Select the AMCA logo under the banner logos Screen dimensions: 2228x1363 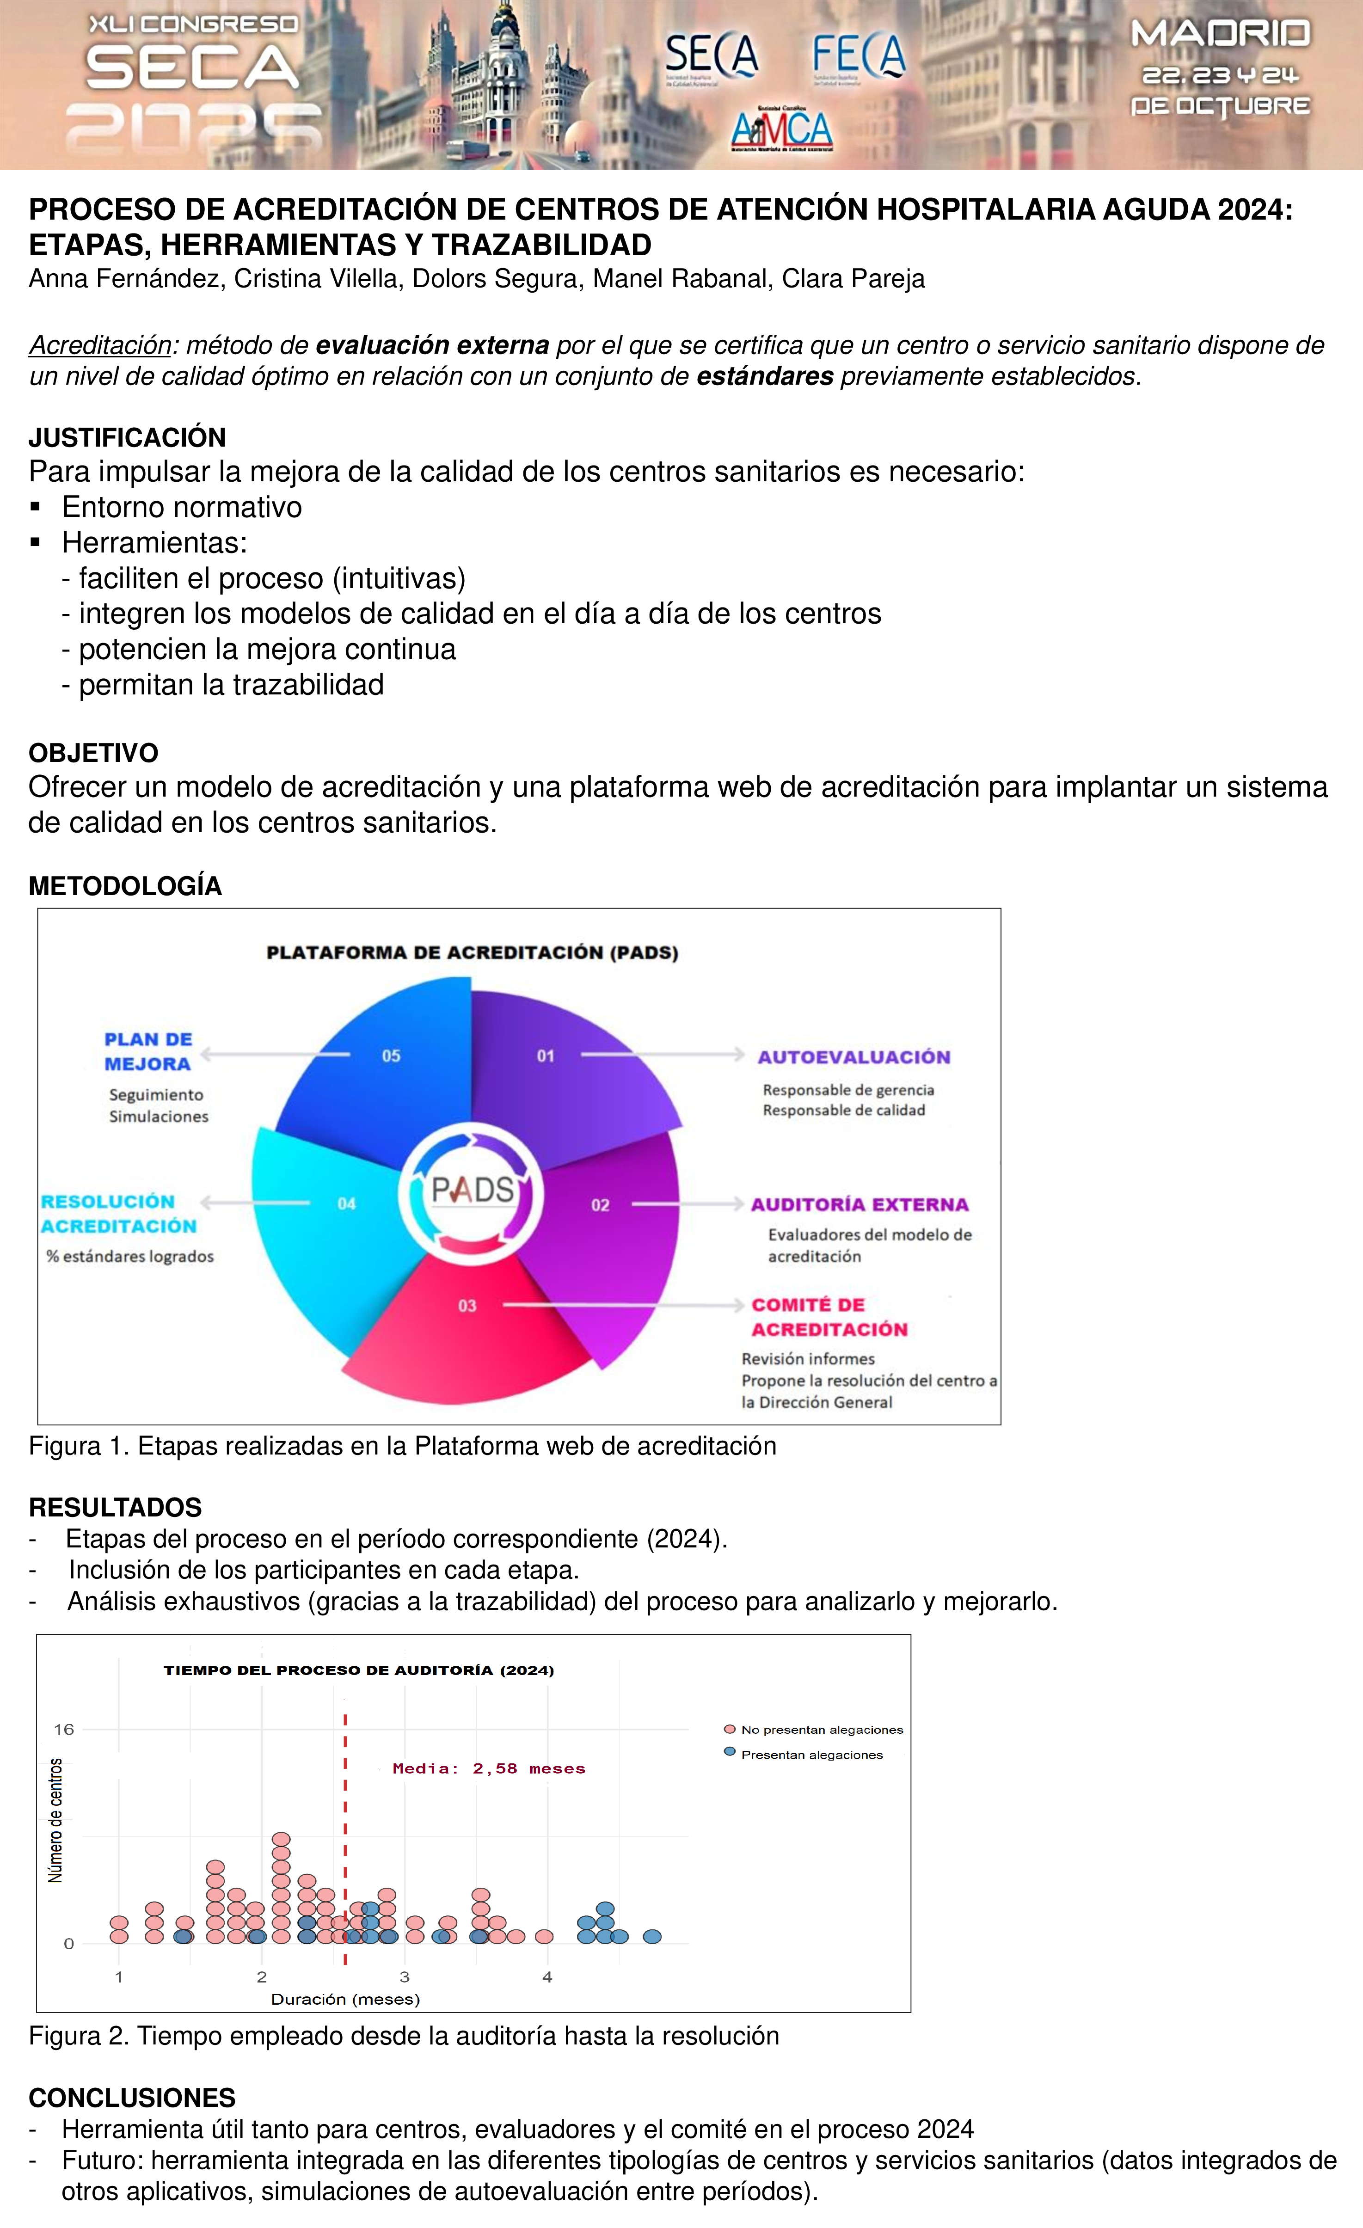point(781,129)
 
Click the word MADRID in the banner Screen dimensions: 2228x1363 point(1220,34)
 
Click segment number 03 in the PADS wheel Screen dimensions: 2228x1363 point(467,1305)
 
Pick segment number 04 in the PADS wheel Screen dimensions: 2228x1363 point(346,1203)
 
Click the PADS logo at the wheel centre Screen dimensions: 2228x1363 point(472,1190)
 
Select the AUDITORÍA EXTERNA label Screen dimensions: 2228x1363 point(859,1204)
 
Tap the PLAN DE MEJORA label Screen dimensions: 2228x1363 point(148,1052)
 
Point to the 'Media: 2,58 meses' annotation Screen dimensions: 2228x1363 point(488,1768)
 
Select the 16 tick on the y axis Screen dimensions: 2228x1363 point(63,1730)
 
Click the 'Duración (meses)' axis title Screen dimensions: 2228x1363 point(345,1999)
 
